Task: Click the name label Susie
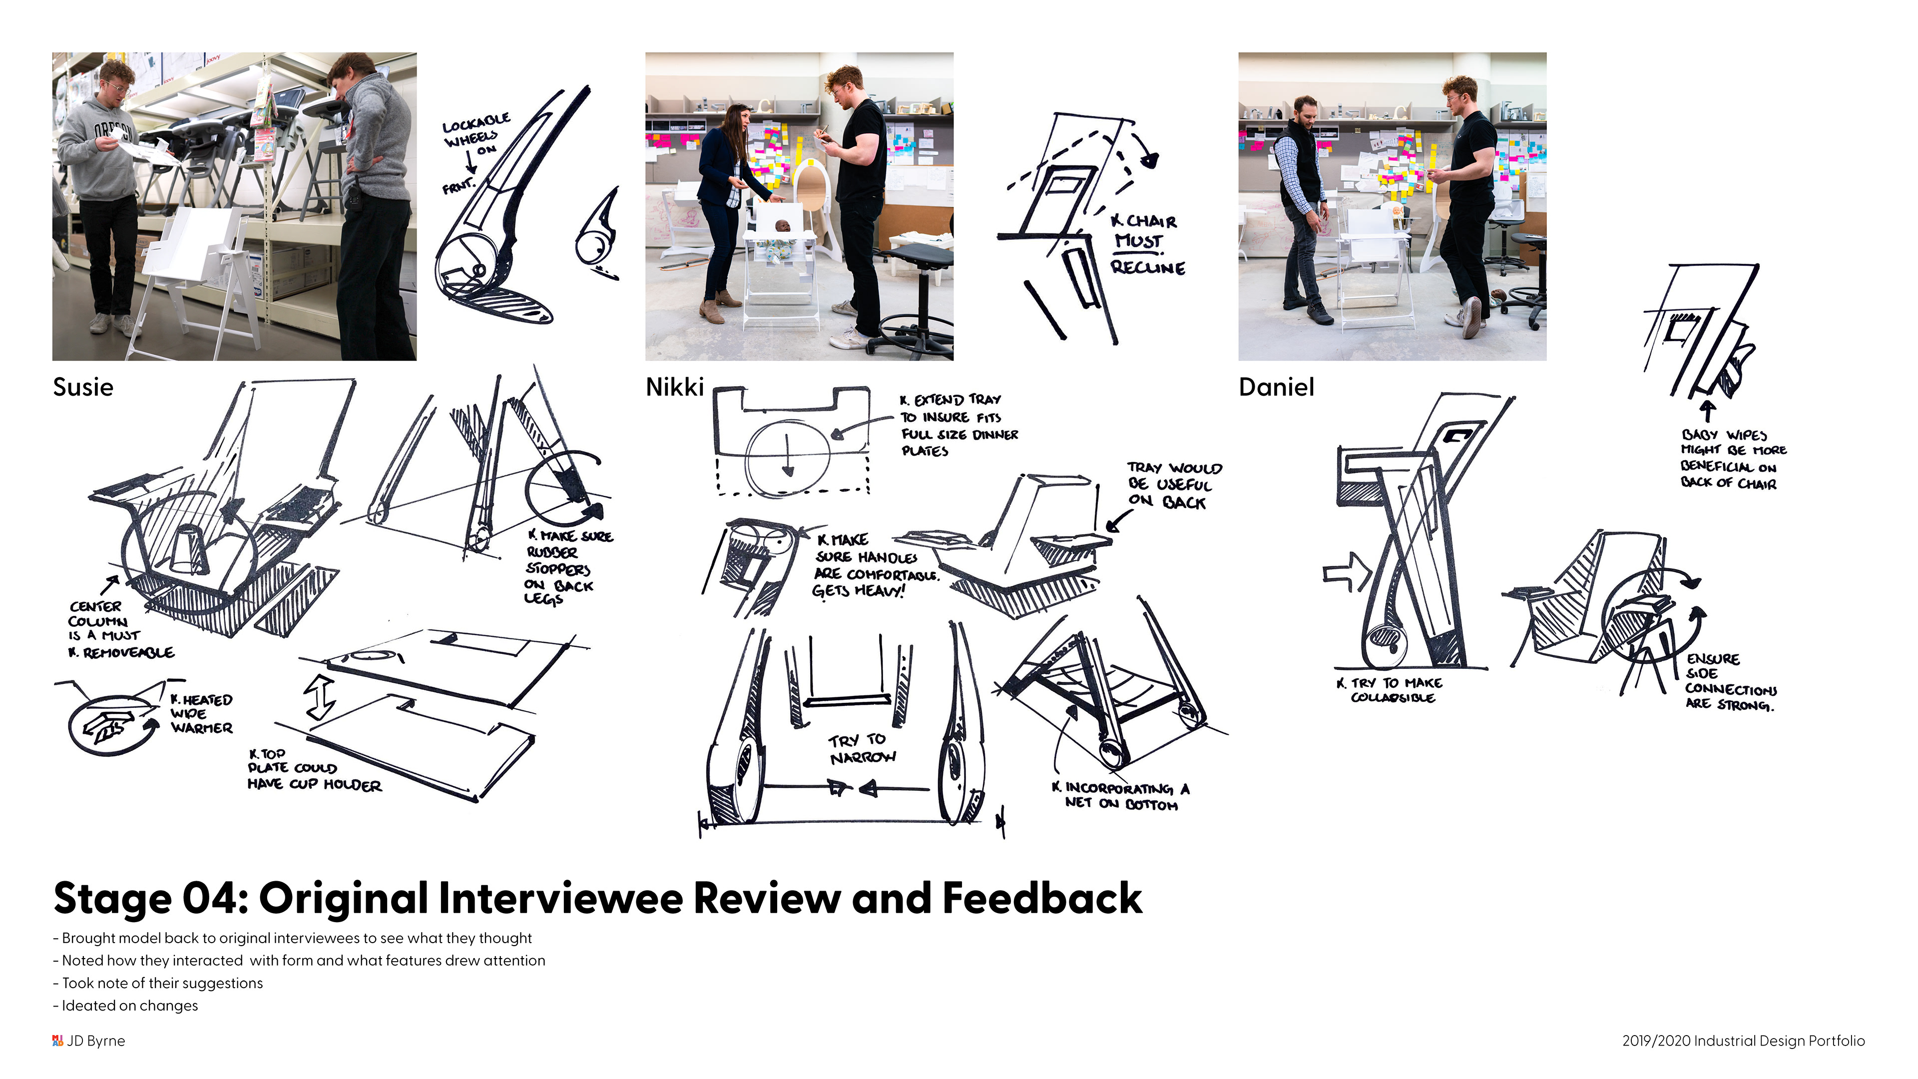pyautogui.click(x=82, y=387)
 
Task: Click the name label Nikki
pyautogui.click(x=674, y=387)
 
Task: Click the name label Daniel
pyautogui.click(x=1276, y=387)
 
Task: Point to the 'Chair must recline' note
pyautogui.click(x=1147, y=243)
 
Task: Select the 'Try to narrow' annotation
pyautogui.click(x=862, y=748)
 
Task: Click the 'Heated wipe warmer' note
pyautogui.click(x=201, y=713)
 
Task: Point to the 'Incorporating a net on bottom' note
pyautogui.click(x=1120, y=795)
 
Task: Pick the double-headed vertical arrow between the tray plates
pyautogui.click(x=321, y=697)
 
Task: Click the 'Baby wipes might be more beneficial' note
pyautogui.click(x=1733, y=459)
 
